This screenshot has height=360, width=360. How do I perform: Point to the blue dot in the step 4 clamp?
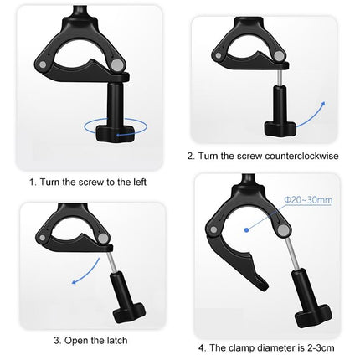(248, 227)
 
